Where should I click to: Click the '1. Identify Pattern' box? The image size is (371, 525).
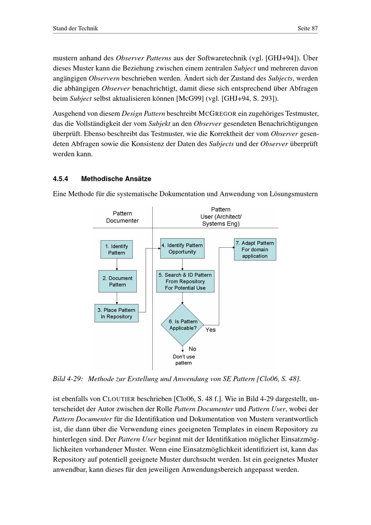pyautogui.click(x=116, y=250)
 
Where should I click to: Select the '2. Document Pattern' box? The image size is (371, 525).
pyautogui.click(x=118, y=281)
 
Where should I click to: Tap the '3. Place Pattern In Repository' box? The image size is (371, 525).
pyautogui.click(x=116, y=313)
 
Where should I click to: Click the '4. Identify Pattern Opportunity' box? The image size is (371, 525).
pyautogui.click(x=182, y=248)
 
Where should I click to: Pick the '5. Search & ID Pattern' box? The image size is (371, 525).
pyautogui.click(x=185, y=281)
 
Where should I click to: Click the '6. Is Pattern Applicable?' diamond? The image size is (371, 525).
pyautogui.click(x=183, y=325)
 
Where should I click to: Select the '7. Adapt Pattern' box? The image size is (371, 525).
pyautogui.click(x=255, y=250)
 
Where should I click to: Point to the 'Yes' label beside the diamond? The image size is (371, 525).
pyautogui.click(x=210, y=330)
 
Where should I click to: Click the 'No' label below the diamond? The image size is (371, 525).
pyautogui.click(x=192, y=349)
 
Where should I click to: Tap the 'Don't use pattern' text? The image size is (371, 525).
pyautogui.click(x=184, y=360)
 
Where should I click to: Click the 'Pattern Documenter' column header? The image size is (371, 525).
pyautogui.click(x=122, y=217)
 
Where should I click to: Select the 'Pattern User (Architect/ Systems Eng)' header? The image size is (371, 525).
pyautogui.click(x=221, y=216)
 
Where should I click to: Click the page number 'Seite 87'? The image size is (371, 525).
pyautogui.click(x=308, y=28)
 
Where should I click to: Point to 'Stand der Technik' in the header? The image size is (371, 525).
pyautogui.click(x=75, y=28)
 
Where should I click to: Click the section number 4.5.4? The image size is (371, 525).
pyautogui.click(x=60, y=179)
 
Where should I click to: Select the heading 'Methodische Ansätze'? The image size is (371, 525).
pyautogui.click(x=116, y=179)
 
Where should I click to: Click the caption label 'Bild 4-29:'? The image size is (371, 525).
pyautogui.click(x=68, y=379)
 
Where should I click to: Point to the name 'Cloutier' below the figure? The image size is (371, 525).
pyautogui.click(x=119, y=399)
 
